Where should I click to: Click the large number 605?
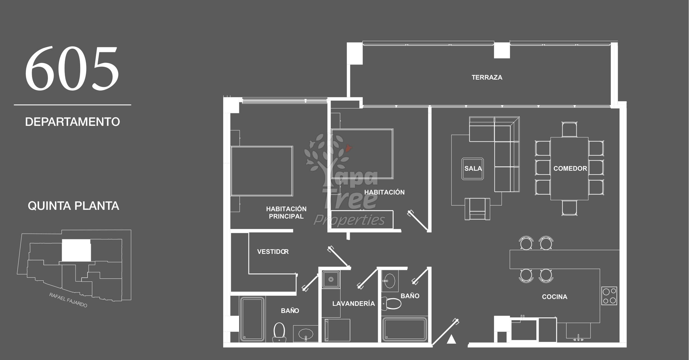[x=72, y=69]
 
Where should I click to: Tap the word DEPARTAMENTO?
[x=72, y=122]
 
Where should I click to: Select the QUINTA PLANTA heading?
[x=74, y=206]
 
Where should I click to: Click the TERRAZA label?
[x=487, y=77]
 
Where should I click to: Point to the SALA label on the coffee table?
[x=473, y=169]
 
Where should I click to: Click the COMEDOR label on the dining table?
[x=570, y=169]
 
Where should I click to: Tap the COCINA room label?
[x=555, y=297]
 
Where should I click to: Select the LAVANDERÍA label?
[x=353, y=303]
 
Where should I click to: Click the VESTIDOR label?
[x=273, y=252]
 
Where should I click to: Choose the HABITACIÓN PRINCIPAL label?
[x=286, y=213]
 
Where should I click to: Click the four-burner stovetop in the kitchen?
[x=609, y=296]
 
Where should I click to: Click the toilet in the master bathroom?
[x=279, y=332]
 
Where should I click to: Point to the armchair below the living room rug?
[x=477, y=209]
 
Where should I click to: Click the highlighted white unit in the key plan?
[x=76, y=250]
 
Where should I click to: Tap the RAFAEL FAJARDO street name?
[x=68, y=300]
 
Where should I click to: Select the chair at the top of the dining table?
[x=569, y=129]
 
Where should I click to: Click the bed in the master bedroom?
[x=262, y=171]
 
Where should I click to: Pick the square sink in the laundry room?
[x=331, y=279]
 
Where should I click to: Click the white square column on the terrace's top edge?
[x=502, y=50]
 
